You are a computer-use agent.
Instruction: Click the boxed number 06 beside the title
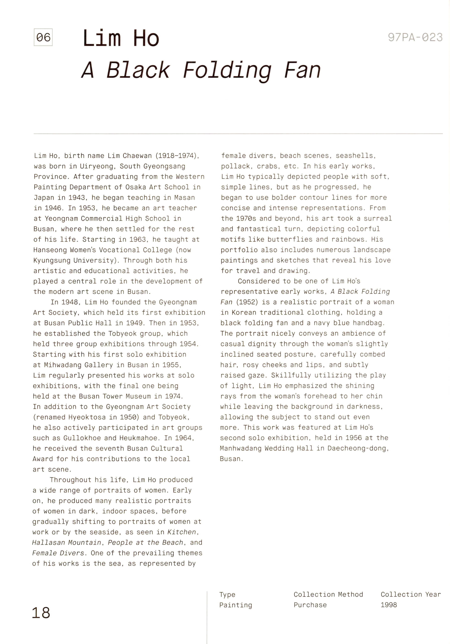click(43, 37)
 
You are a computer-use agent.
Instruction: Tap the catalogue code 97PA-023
click(415, 37)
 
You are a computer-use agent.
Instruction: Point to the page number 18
click(41, 613)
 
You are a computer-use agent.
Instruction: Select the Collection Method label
click(328, 594)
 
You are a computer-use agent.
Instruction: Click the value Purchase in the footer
click(310, 605)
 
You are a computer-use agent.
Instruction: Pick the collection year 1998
click(389, 605)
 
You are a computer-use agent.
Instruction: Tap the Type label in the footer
click(227, 595)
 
